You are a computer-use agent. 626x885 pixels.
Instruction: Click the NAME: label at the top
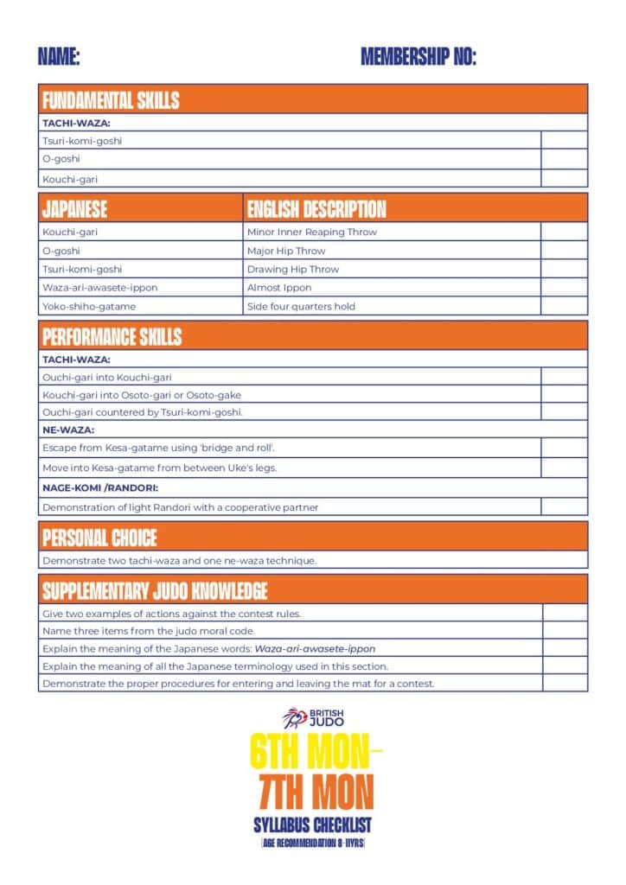[59, 58]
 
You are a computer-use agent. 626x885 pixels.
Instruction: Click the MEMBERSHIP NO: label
[418, 58]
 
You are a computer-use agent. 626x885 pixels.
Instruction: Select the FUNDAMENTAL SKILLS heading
[111, 99]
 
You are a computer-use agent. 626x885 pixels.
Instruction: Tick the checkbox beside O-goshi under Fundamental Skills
[564, 159]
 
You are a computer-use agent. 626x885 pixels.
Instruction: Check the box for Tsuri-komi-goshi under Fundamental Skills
[564, 140]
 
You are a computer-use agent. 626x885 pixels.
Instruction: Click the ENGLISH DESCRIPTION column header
[316, 208]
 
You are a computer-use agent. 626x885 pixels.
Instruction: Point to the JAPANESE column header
[75, 208]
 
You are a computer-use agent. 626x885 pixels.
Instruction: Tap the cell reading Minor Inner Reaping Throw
[312, 232]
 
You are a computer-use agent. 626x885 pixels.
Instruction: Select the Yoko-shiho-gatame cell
[89, 306]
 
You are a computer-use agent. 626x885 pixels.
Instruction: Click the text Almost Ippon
[279, 288]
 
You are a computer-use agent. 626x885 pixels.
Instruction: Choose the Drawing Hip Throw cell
[293, 269]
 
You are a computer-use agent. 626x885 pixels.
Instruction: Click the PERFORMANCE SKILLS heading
[112, 335]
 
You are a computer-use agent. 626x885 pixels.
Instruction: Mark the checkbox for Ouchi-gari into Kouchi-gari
[564, 377]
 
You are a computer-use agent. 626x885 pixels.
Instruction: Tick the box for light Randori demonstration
[564, 507]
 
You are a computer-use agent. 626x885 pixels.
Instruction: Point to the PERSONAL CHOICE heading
[99, 538]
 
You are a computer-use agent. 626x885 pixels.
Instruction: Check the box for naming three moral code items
[564, 631]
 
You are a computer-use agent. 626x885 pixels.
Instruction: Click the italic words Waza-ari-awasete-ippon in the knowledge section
[315, 648]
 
